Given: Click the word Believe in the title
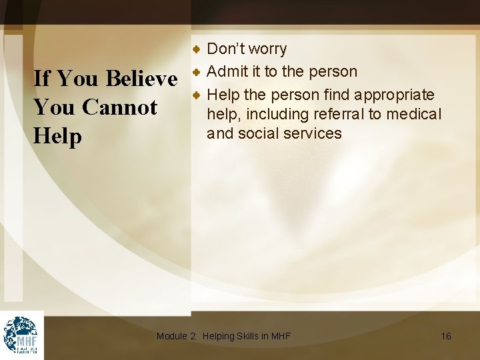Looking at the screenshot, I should (x=141, y=79).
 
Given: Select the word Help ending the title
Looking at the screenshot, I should (x=57, y=136).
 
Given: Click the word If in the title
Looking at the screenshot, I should (x=41, y=79).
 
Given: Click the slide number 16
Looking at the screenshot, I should (x=446, y=336).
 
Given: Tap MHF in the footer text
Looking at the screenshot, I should (x=281, y=336).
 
